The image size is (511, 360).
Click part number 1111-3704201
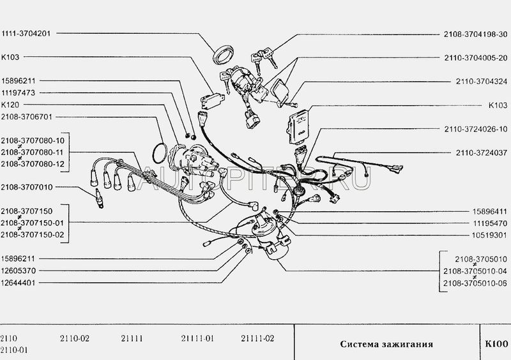26,33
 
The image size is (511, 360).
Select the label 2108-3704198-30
475,34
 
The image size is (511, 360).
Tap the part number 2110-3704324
482,82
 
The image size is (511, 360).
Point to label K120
10,105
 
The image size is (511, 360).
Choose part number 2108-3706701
26,117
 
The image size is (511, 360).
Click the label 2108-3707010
26,187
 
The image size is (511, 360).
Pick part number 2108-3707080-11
33,152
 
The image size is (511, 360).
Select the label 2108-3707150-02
33,234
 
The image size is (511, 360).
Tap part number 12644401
18,283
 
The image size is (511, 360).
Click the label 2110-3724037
482,153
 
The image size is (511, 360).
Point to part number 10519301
489,235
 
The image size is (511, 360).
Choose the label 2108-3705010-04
475,271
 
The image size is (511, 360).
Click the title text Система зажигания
386,345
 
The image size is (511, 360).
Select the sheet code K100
496,344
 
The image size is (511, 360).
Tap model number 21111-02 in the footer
257,338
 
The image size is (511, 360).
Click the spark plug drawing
98,199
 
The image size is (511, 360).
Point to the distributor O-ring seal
160,153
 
